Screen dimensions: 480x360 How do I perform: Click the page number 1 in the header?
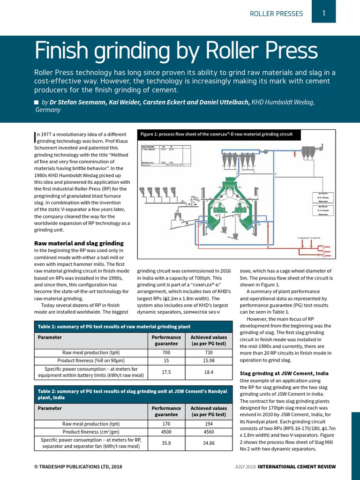point(324,14)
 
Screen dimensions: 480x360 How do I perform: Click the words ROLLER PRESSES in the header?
point(276,14)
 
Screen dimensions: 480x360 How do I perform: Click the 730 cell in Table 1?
point(209,352)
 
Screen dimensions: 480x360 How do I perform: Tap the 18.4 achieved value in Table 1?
point(209,372)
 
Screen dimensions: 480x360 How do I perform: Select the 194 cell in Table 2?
point(209,423)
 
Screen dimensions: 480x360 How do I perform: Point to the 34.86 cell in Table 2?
point(209,443)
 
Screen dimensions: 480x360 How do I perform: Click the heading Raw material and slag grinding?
point(79,243)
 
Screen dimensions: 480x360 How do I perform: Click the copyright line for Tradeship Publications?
point(78,467)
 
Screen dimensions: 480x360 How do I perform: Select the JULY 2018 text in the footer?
point(245,467)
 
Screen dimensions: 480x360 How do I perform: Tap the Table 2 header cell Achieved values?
point(209,412)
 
